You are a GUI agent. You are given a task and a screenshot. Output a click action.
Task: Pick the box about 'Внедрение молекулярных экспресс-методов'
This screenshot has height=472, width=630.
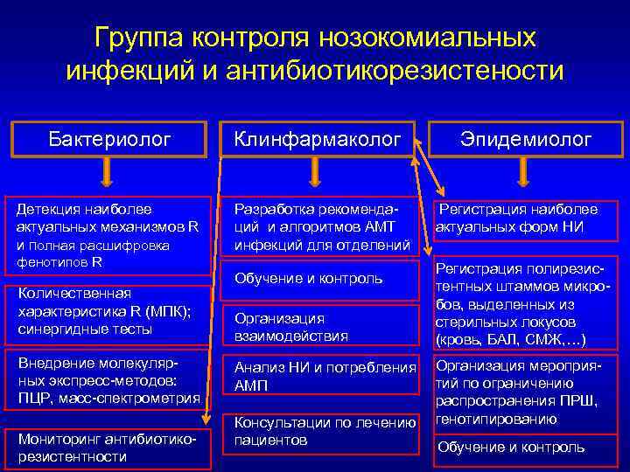tap(110, 381)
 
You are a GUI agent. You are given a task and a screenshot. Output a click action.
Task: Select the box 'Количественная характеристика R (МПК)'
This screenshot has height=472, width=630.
tap(110, 311)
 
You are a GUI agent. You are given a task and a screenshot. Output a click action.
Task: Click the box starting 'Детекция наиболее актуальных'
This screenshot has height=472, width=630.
tap(110, 235)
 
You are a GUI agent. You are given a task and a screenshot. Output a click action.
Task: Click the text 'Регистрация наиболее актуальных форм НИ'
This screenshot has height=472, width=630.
tap(518, 219)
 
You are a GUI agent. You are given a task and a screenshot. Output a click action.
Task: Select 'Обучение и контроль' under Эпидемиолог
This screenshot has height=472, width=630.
tap(511, 447)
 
